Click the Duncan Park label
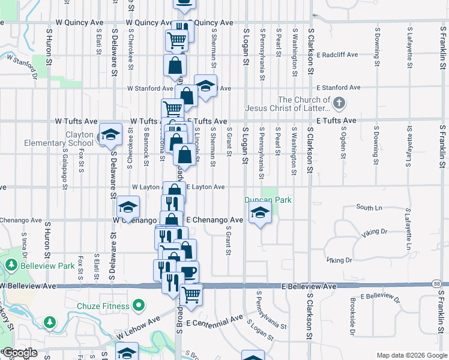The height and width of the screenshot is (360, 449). coord(268,200)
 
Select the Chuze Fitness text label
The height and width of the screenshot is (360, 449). coord(103,306)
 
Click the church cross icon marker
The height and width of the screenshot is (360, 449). coord(339,103)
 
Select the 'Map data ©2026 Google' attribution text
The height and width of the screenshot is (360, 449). coord(411,355)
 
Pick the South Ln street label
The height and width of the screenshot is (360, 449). coord(369,207)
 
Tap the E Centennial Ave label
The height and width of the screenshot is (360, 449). coord(214,323)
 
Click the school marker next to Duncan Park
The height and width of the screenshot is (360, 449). coord(260,212)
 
